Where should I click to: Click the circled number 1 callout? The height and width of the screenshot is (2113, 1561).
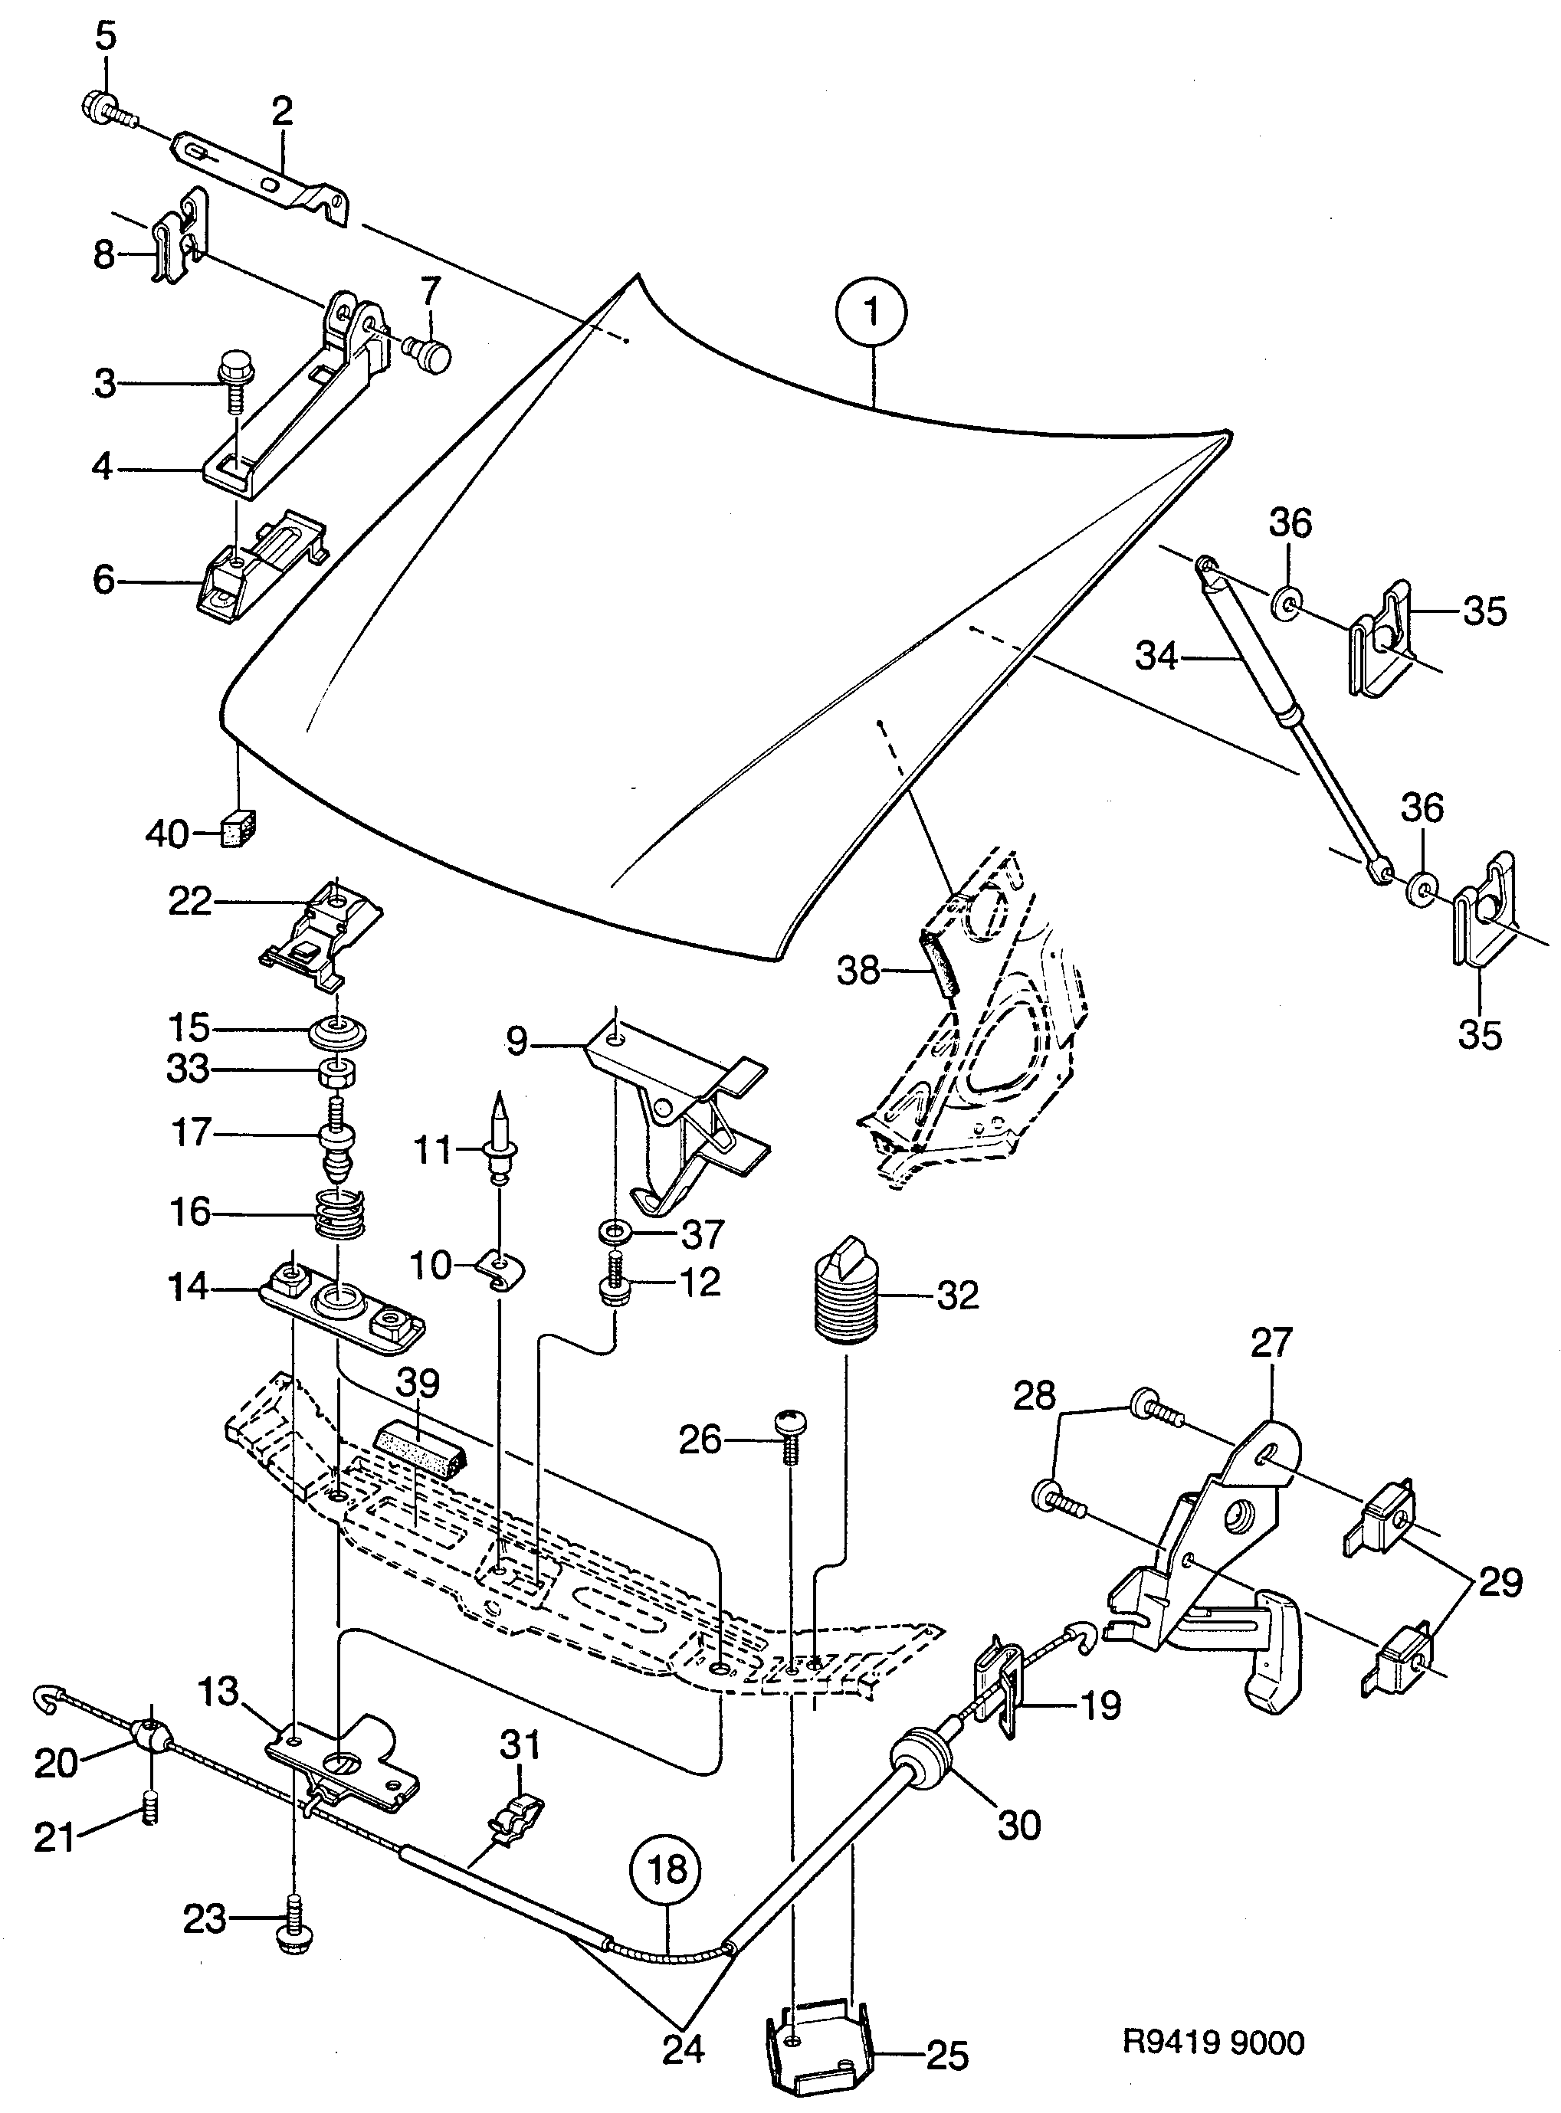click(x=871, y=313)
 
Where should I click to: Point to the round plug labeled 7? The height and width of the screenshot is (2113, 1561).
click(x=433, y=357)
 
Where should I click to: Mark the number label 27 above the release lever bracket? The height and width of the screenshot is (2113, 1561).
click(x=1270, y=1342)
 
